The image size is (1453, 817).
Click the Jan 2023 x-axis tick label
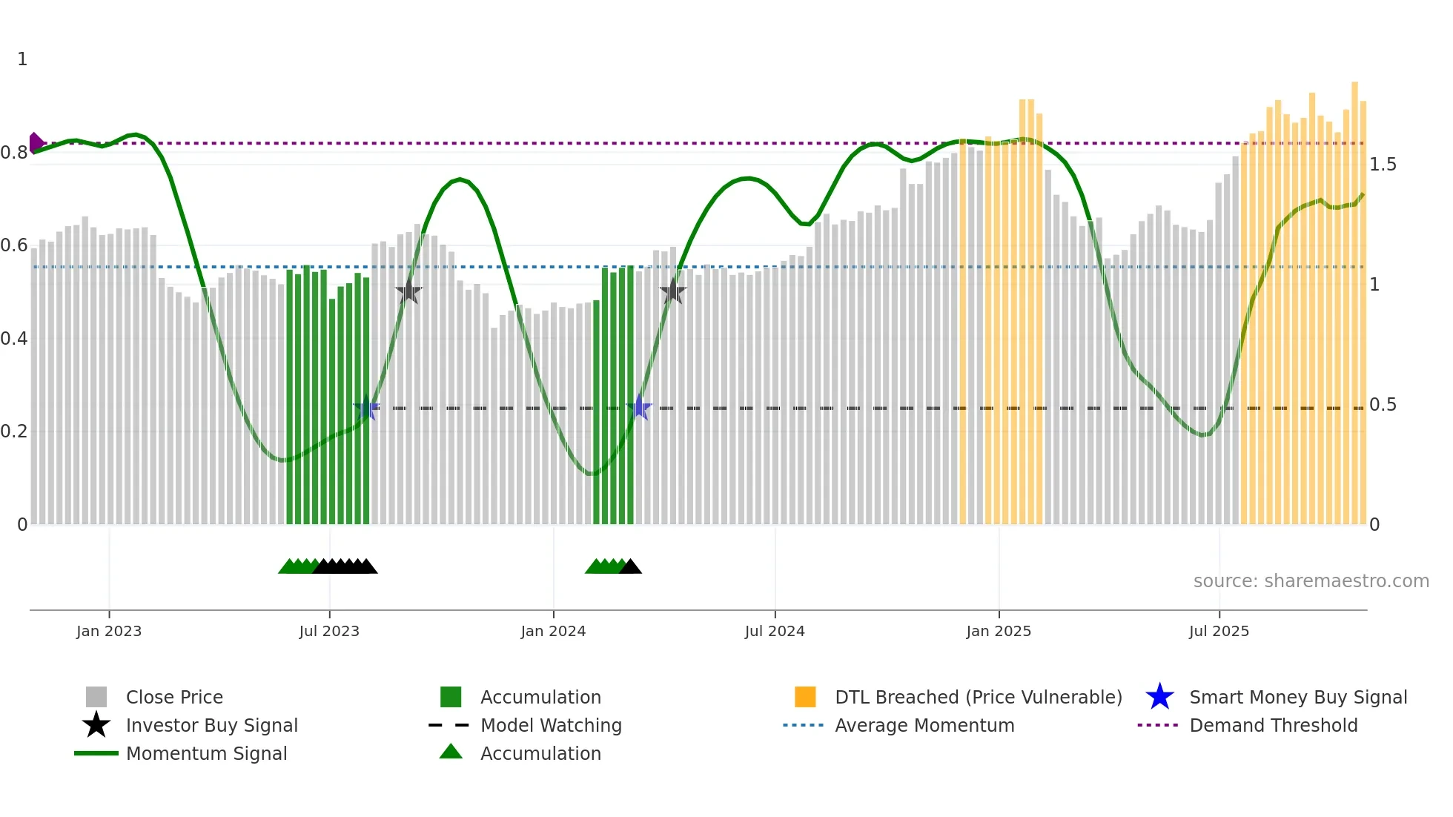click(108, 631)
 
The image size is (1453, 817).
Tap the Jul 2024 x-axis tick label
click(775, 631)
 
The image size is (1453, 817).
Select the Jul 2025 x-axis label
click(1219, 631)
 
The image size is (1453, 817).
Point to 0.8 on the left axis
click(14, 153)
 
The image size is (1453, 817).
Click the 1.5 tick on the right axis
click(1383, 164)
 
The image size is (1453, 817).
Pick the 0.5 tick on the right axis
click(1383, 405)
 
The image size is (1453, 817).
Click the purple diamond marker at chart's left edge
click(35, 142)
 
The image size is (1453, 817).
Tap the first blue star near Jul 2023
click(366, 408)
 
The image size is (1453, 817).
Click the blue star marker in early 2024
click(639, 408)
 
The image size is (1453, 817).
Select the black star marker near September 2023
click(408, 292)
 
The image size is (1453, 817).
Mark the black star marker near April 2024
click(672, 291)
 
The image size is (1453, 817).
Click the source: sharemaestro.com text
click(1311, 581)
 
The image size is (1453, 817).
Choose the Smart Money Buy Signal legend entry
click(1297, 697)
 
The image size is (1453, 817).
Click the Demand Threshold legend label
click(1273, 725)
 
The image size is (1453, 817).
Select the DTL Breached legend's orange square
click(805, 697)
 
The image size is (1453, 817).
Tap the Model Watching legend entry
click(551, 725)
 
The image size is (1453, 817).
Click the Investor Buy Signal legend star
click(96, 725)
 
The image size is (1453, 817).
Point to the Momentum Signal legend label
click(206, 753)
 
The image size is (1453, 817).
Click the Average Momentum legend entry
click(924, 725)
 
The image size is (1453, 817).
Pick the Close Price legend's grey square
click(96, 697)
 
